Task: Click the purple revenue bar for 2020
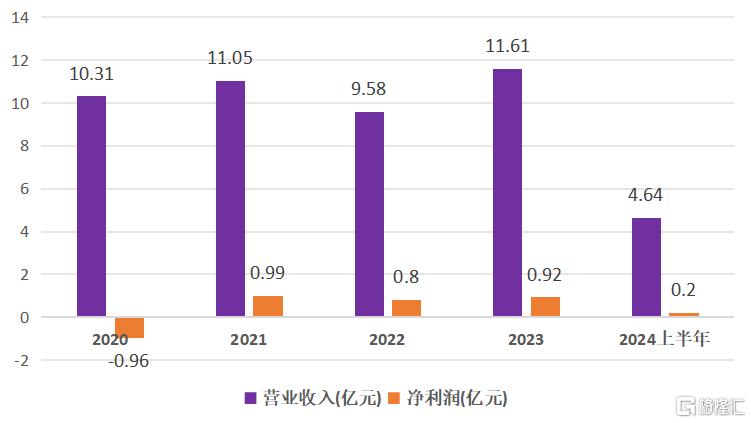click(91, 206)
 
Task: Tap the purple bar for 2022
click(368, 214)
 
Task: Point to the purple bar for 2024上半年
click(646, 267)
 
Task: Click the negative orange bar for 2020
click(129, 327)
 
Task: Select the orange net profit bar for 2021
click(267, 306)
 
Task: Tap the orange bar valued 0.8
click(406, 308)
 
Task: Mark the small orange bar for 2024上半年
click(684, 314)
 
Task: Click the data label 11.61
click(508, 46)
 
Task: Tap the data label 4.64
click(645, 195)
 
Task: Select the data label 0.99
click(267, 273)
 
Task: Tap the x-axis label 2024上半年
click(664, 340)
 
